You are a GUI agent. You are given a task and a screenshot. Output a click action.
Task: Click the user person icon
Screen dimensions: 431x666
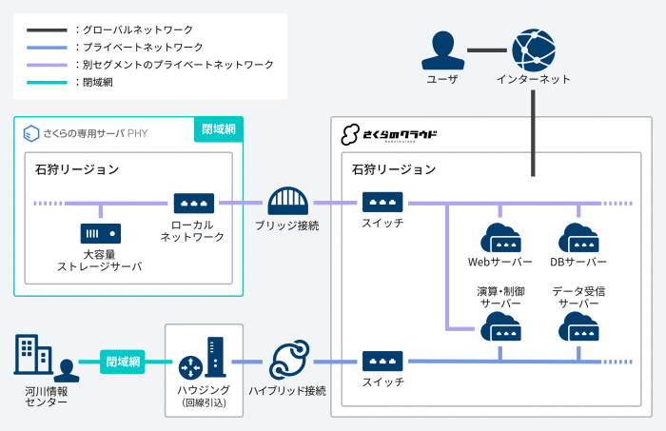click(x=441, y=49)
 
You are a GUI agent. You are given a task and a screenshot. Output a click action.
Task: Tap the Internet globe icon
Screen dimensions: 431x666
click(x=533, y=49)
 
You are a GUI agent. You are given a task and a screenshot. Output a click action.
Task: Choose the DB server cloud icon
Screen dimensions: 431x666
click(x=578, y=237)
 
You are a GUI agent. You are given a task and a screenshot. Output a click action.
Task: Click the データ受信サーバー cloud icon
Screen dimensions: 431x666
click(x=578, y=328)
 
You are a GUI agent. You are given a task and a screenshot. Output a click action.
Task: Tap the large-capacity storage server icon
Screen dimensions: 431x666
click(x=99, y=233)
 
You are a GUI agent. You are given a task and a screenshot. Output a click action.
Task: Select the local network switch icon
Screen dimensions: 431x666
click(x=193, y=203)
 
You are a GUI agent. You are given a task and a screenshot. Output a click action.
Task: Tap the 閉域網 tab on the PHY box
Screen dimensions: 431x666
click(x=220, y=128)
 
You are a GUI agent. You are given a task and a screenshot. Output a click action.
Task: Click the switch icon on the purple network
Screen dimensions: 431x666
click(x=382, y=203)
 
